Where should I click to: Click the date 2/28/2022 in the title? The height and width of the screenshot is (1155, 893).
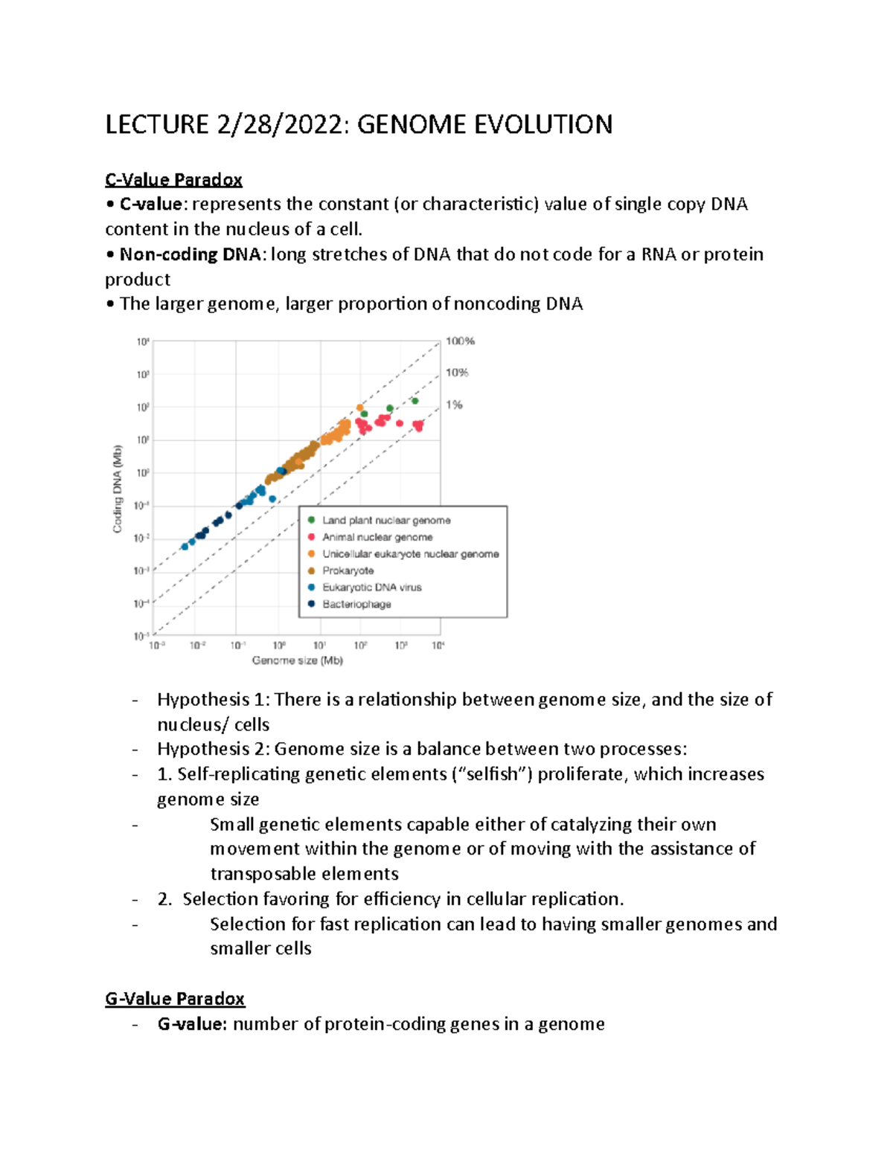coord(281,124)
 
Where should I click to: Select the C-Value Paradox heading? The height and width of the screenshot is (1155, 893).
coord(173,180)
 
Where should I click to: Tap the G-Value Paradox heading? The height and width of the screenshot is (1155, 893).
coord(175,999)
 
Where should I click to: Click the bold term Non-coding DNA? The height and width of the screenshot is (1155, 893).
coord(190,254)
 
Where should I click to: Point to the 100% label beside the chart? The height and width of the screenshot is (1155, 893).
coord(460,341)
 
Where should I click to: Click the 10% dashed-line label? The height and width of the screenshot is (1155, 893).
coord(457,373)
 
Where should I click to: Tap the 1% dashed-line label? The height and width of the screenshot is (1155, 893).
coord(454,405)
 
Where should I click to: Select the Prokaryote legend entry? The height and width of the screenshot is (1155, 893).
coord(348,570)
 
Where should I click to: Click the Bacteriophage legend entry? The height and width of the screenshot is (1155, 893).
coord(356,604)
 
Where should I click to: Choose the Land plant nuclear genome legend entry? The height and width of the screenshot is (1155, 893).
coord(386,521)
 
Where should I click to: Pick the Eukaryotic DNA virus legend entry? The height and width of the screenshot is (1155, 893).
coord(371,588)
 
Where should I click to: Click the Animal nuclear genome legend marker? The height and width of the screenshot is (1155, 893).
coord(312,537)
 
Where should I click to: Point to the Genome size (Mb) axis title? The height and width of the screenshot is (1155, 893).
coord(297,660)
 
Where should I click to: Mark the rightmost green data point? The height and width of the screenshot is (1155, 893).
coord(415,401)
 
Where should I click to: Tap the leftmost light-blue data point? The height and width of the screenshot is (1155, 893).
coord(185,547)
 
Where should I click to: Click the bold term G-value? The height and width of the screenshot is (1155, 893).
coord(191,1024)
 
